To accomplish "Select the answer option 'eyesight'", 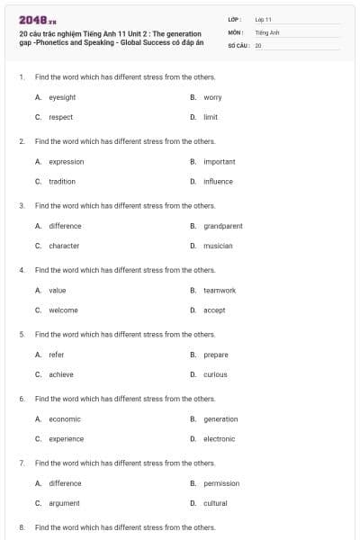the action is [x=61, y=97].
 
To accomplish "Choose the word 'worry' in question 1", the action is [x=212, y=97].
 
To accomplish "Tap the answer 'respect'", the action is [x=60, y=117].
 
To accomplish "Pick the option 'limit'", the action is [x=211, y=117].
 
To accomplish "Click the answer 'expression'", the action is [x=66, y=162].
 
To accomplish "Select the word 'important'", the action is [x=219, y=162].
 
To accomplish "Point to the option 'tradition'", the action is [x=62, y=181].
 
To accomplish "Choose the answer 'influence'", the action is [x=218, y=181].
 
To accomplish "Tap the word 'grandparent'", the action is [x=222, y=226].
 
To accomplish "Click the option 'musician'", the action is [x=218, y=246].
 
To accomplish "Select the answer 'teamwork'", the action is [x=220, y=291].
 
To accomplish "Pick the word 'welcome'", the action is [x=63, y=310].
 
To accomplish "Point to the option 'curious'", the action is [x=215, y=374].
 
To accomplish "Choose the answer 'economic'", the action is [x=65, y=419].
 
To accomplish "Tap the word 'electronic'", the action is [x=219, y=439].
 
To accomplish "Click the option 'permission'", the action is [x=221, y=483].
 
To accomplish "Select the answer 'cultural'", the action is [x=215, y=503].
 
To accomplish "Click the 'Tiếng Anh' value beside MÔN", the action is [x=267, y=31].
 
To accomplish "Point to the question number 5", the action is [x=22, y=335].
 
